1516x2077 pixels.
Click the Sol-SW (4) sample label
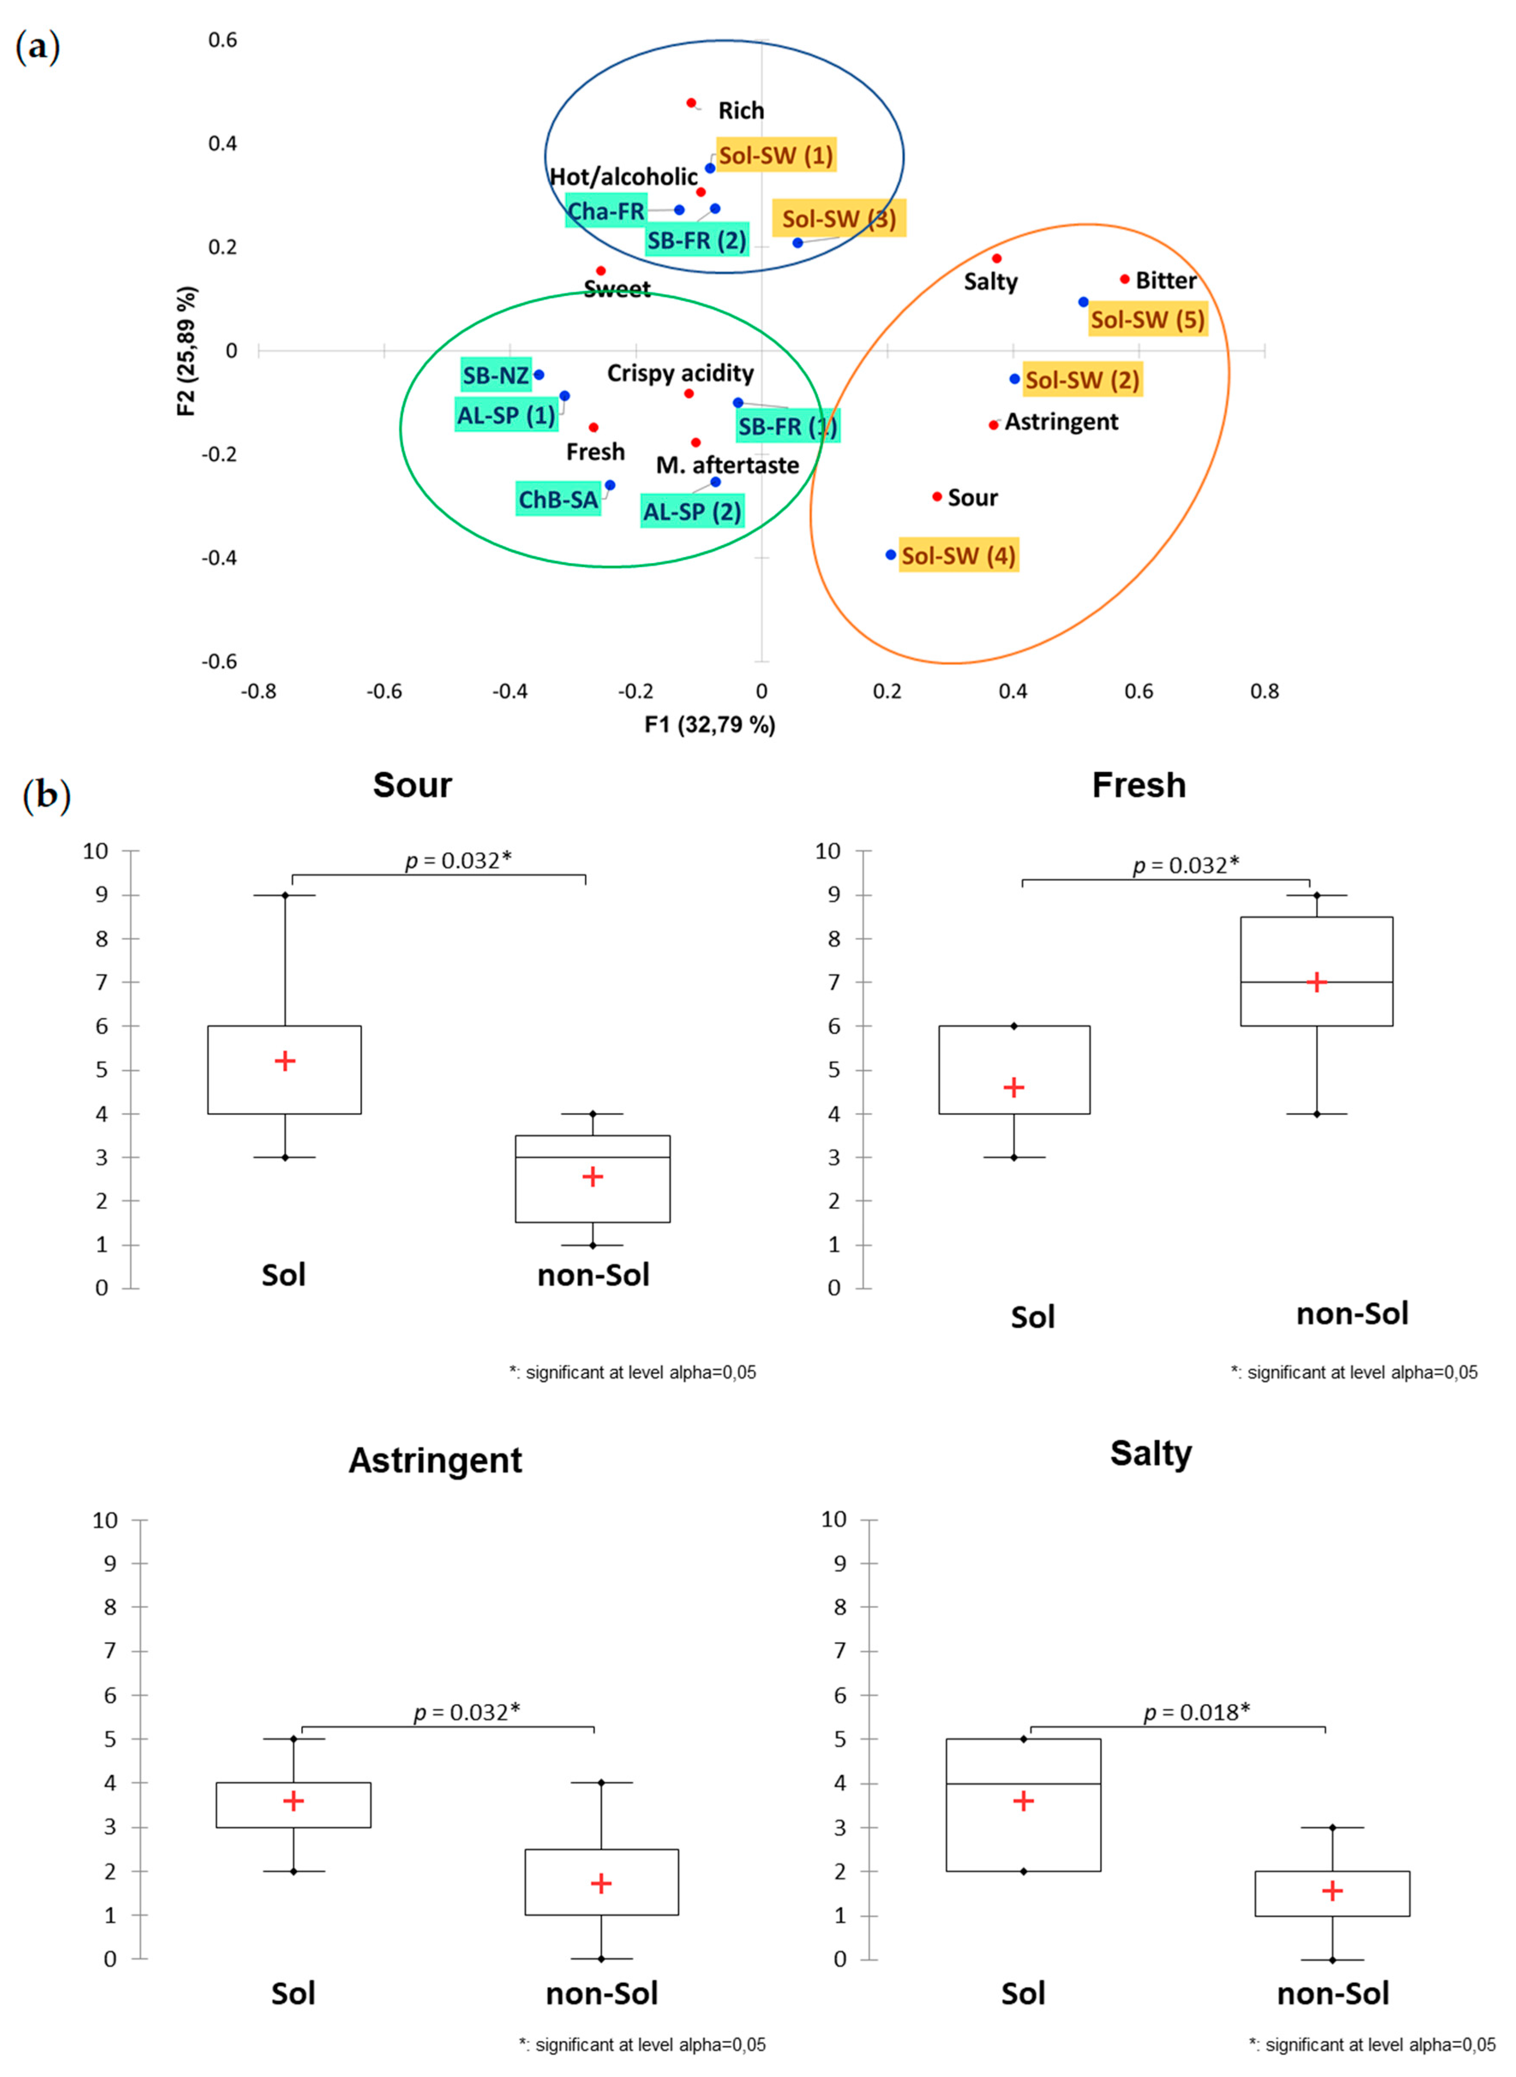tap(958, 555)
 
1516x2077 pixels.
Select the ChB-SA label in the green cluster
tap(558, 499)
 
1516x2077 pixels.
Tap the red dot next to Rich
tap(691, 103)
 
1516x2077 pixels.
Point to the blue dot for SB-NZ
tap(539, 375)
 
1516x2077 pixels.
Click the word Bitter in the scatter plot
tap(1165, 280)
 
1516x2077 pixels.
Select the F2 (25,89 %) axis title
tap(186, 351)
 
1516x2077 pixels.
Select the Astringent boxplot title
tap(435, 1460)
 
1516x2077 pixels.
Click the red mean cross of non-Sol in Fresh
tap(1316, 982)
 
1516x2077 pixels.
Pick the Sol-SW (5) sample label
tap(1147, 319)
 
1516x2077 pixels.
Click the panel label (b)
tap(46, 795)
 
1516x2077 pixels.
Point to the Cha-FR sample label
tap(605, 211)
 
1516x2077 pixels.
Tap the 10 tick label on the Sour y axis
tap(96, 851)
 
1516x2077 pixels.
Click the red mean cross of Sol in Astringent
tap(294, 1801)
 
